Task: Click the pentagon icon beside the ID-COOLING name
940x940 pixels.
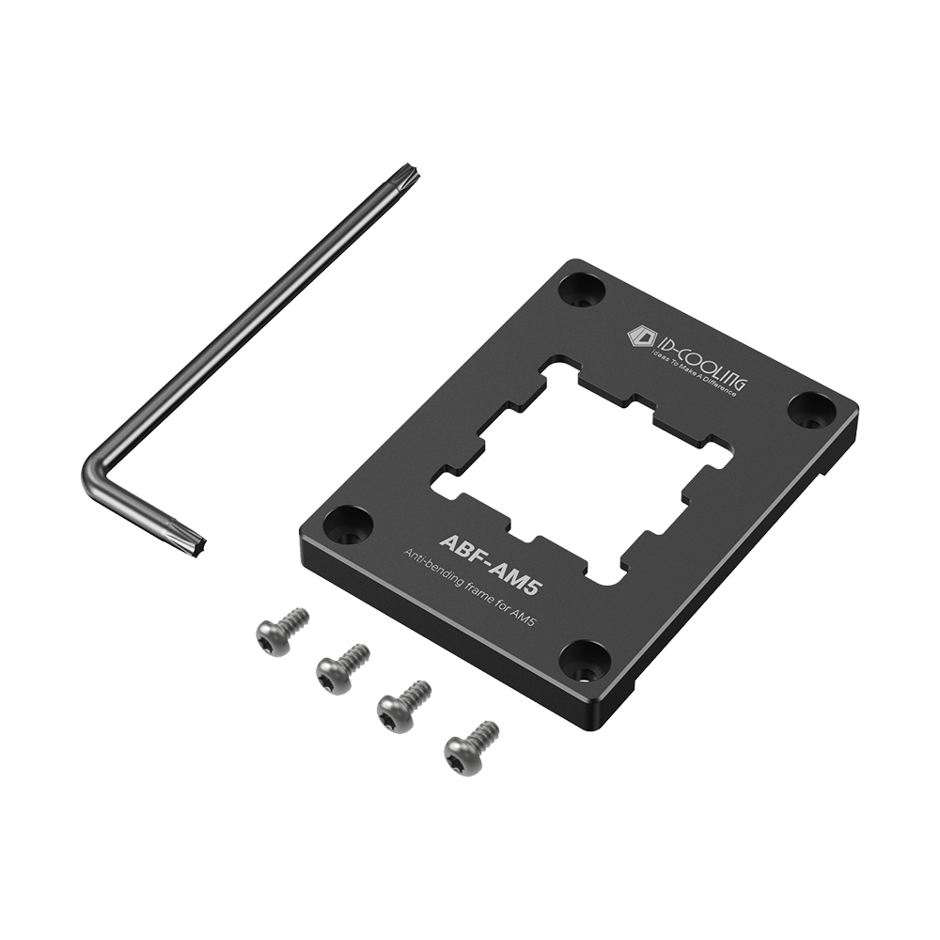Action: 641,337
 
